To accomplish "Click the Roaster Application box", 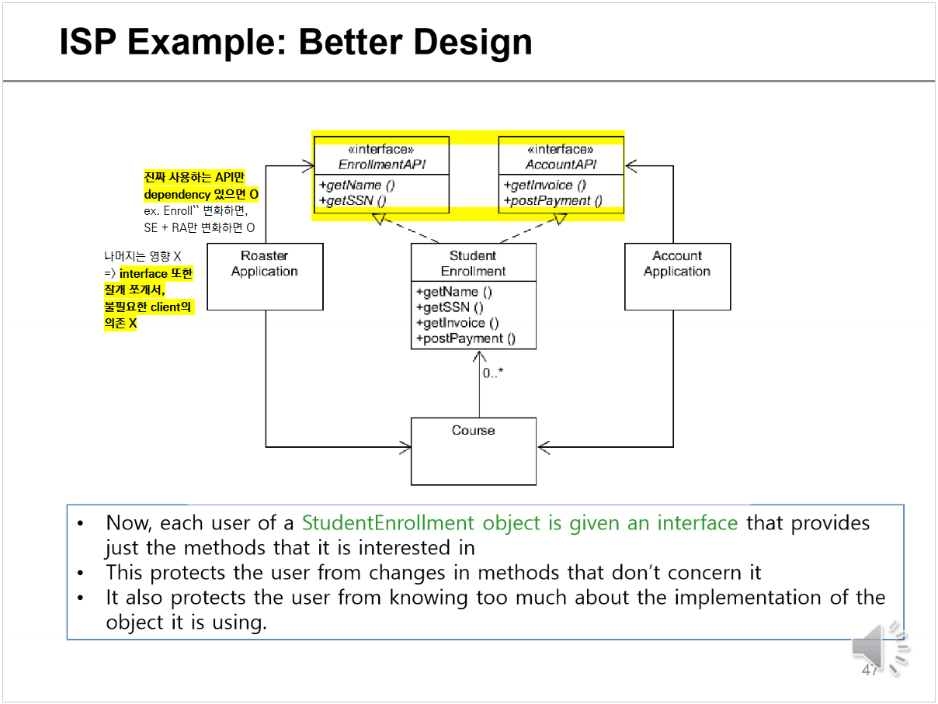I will pos(265,276).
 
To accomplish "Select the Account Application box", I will pos(677,276).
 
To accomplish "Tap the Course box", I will pos(473,451).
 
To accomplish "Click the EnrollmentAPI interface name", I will pos(381,165).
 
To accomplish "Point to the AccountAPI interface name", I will pos(561,165).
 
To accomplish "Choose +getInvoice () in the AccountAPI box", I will pos(544,185).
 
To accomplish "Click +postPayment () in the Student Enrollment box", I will pos(465,338).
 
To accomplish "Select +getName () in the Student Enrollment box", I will pos(453,292).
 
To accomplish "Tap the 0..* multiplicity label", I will pos(492,373).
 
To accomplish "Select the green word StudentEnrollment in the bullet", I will pos(389,523).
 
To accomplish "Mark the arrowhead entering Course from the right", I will pos(543,446).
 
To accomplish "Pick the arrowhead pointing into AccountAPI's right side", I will pos(631,165).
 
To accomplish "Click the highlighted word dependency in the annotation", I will pos(177,194).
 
